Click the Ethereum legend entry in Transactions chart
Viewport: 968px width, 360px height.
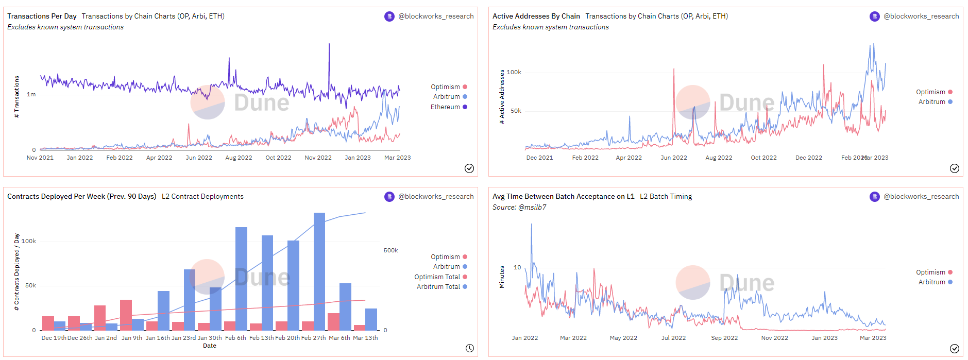click(x=446, y=107)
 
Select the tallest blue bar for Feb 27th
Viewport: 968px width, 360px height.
click(x=319, y=271)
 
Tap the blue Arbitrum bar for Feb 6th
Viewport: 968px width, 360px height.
click(x=241, y=278)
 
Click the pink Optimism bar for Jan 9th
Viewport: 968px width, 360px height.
click(x=126, y=315)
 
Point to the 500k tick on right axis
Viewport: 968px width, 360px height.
click(x=390, y=250)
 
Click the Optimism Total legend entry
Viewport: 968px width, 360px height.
click(x=437, y=277)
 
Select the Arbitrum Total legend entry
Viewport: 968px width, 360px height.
click(x=438, y=287)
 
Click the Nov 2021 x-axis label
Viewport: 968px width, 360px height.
click(x=40, y=158)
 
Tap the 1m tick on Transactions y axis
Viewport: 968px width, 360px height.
click(x=31, y=94)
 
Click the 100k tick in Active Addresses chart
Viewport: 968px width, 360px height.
click(x=514, y=72)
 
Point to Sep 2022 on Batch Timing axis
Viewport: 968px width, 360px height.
click(x=724, y=338)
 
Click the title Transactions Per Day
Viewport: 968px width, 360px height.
click(x=42, y=16)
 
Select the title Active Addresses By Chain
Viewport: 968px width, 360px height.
click(x=536, y=16)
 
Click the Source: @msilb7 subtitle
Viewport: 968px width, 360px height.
click(x=519, y=208)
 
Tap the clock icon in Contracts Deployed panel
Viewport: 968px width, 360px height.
click(x=469, y=348)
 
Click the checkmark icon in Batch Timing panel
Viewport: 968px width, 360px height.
click(x=954, y=348)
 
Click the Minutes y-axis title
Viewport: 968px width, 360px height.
click(x=502, y=277)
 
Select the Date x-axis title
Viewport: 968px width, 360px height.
click(x=210, y=346)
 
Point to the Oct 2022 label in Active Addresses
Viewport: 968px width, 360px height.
click(x=763, y=158)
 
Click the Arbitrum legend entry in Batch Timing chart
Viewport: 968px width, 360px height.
click(x=931, y=282)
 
